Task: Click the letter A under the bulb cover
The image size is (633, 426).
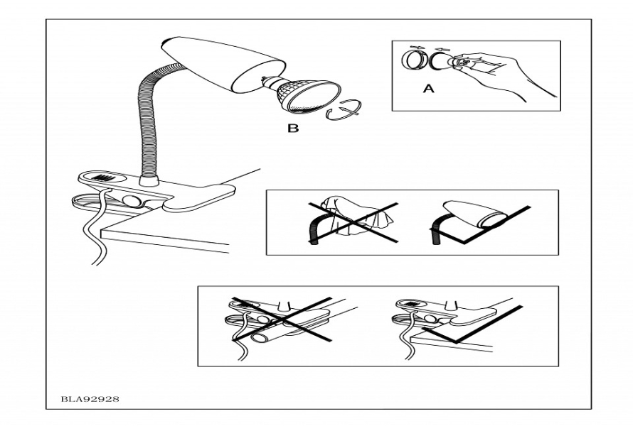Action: [x=427, y=89]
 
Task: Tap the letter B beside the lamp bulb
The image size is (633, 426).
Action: [x=293, y=129]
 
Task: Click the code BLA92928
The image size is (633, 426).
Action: [x=90, y=399]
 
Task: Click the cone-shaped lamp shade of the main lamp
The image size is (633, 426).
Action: [x=206, y=64]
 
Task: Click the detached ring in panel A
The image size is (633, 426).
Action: [x=412, y=61]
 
